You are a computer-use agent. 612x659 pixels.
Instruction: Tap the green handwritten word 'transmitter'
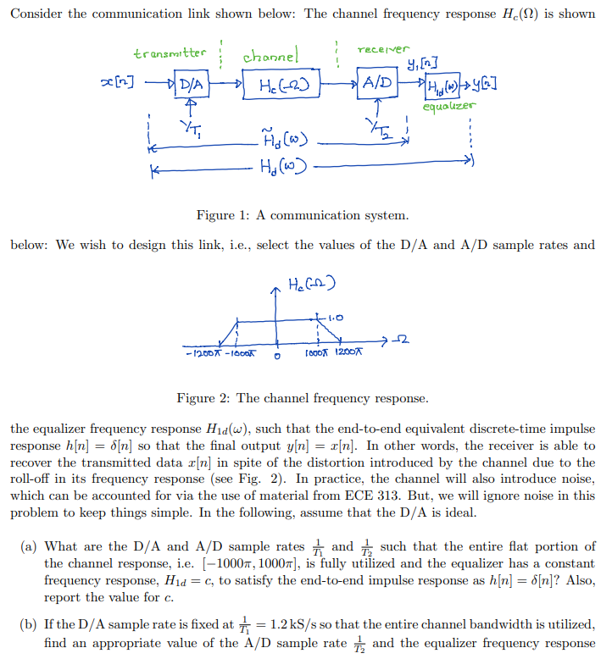(x=170, y=53)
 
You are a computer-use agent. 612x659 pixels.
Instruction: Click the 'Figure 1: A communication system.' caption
(x=303, y=215)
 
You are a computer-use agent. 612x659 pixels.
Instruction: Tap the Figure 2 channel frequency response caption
(x=303, y=397)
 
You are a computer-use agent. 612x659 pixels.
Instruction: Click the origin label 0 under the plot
(x=277, y=356)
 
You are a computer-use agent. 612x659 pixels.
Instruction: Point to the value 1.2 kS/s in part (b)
(x=287, y=625)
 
